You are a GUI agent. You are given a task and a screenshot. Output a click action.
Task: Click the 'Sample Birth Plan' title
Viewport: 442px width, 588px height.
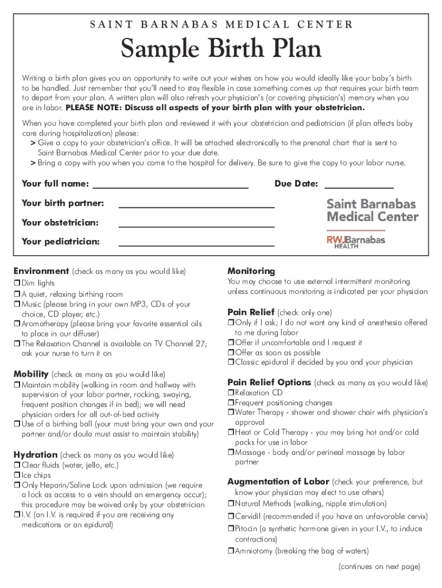point(221,50)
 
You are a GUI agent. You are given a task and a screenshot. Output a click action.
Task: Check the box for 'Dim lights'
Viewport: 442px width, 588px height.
point(17,283)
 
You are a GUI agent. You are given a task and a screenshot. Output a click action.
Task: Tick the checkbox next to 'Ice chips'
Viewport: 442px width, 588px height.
point(17,475)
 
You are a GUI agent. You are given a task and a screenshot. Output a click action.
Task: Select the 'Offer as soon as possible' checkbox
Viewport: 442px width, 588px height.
point(230,353)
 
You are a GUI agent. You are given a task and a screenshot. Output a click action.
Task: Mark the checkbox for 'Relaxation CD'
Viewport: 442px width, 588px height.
point(230,393)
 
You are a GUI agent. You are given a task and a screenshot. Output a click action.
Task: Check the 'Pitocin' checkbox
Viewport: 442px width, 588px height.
point(230,529)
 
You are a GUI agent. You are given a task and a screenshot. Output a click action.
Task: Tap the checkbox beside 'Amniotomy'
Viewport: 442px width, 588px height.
point(230,551)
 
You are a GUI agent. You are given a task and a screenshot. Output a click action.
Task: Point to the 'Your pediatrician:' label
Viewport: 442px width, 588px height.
point(60,242)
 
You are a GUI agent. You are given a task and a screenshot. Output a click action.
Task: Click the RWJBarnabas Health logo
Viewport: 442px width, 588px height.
point(356,241)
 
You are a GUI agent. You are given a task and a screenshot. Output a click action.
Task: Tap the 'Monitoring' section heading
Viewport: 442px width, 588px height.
point(251,271)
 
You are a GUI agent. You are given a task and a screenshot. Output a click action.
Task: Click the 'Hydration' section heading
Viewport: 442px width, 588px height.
point(36,455)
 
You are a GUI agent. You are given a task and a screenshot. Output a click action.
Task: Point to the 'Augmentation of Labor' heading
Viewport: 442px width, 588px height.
point(278,482)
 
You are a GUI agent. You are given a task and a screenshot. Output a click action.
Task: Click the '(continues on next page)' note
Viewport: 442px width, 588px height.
point(379,567)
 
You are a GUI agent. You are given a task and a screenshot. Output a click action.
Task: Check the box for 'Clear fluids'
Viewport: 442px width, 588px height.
point(17,466)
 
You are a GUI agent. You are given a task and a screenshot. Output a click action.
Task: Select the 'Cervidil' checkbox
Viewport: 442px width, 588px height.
point(230,516)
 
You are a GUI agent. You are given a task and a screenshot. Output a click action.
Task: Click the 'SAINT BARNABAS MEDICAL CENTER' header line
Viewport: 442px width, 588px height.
point(221,25)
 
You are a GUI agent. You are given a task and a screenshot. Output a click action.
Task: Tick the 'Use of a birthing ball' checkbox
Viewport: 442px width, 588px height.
point(17,424)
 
